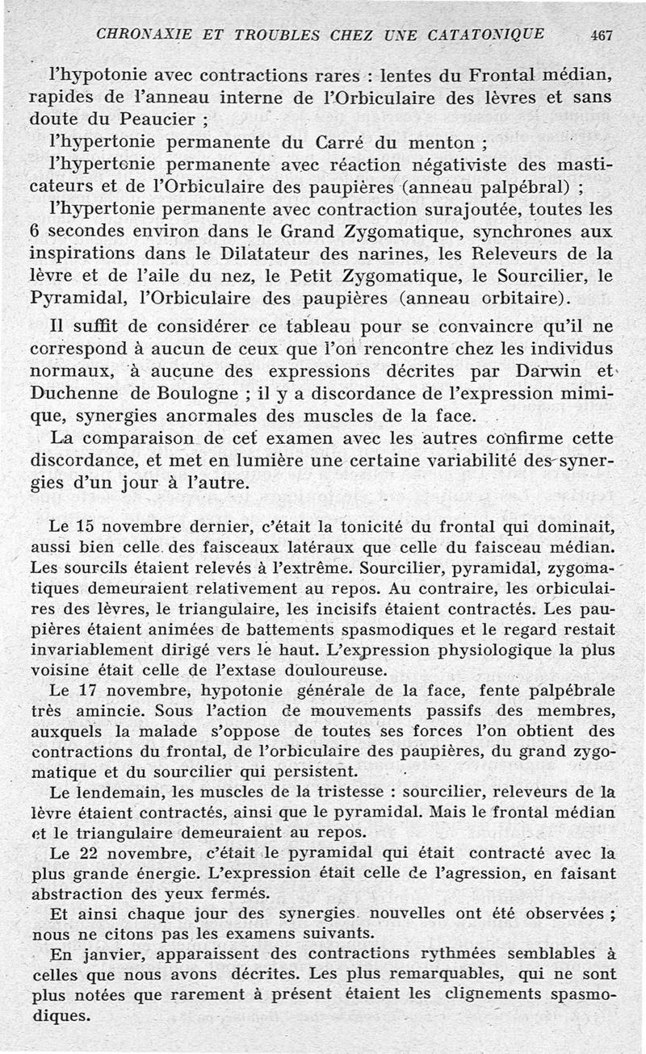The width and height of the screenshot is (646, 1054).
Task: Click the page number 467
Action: [602, 35]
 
